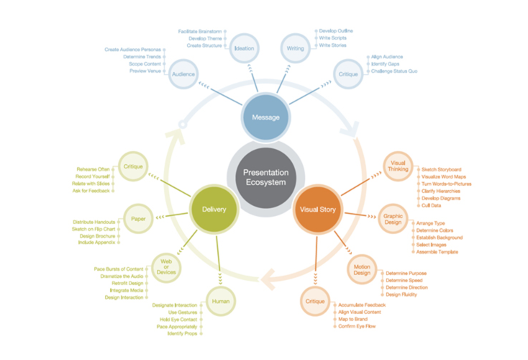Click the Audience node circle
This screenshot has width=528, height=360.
[183, 74]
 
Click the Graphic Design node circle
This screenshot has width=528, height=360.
[392, 218]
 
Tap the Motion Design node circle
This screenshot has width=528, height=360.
[362, 270]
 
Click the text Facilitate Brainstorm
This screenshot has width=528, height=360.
[201, 32]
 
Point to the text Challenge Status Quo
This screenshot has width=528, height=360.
[393, 71]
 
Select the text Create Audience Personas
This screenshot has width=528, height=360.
[132, 50]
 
